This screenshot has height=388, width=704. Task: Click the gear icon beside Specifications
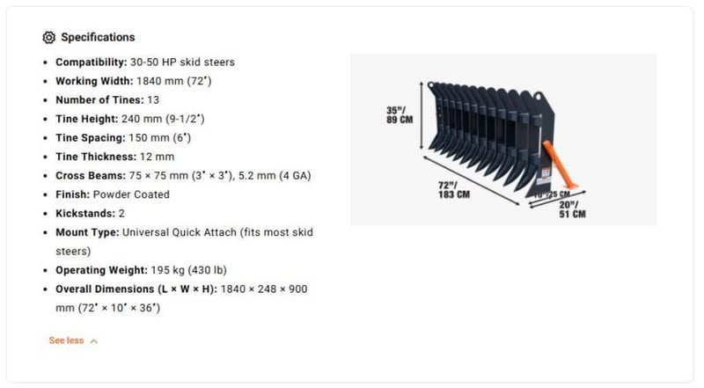[49, 38]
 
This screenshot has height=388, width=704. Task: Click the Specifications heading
[98, 38]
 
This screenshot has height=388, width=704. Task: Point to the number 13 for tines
[153, 99]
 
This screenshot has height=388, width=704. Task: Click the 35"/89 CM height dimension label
[400, 115]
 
